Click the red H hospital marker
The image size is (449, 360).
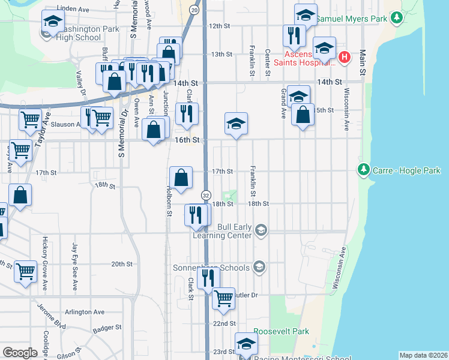pos(344,58)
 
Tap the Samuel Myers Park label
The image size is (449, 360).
pos(351,19)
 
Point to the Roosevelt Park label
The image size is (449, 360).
pos(281,331)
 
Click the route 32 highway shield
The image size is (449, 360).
pos(205,196)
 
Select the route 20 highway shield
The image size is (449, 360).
pos(193,10)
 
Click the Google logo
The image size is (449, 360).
pos(20,352)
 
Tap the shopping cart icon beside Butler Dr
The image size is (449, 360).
pos(224,296)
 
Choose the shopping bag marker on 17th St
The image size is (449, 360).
pos(181,177)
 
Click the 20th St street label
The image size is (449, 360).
pos(121,264)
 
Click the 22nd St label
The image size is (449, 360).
pos(224,323)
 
